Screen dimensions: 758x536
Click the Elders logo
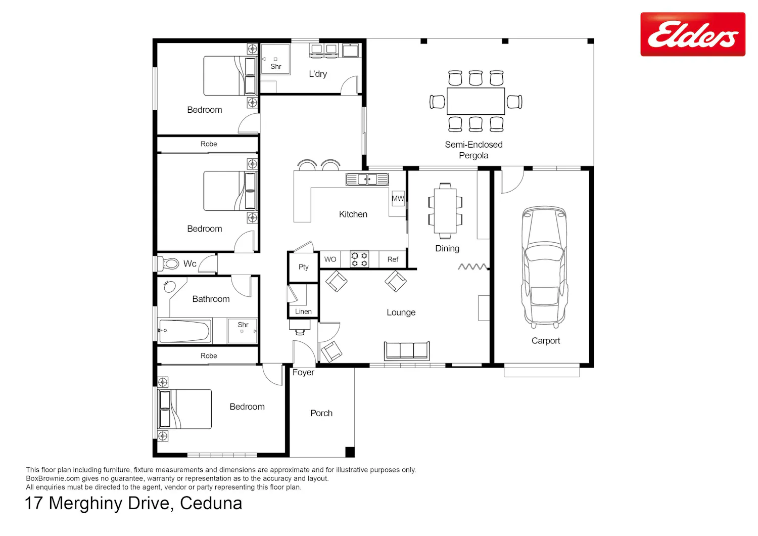click(692, 34)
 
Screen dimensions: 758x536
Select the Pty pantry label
click(304, 267)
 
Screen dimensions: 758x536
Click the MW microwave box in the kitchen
click(398, 198)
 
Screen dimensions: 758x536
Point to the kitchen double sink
click(367, 179)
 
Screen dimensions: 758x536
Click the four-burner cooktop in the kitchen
click(359, 259)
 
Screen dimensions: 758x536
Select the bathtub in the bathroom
click(184, 331)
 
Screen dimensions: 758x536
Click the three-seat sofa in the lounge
click(406, 350)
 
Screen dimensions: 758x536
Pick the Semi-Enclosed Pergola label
click(473, 150)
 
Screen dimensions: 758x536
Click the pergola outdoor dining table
click(476, 101)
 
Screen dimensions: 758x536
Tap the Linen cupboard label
click(303, 311)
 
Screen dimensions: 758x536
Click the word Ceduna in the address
click(211, 503)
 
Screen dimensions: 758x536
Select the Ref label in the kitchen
click(393, 259)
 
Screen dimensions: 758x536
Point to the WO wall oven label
click(330, 259)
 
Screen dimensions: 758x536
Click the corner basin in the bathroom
click(169, 286)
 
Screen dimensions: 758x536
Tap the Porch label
click(321, 413)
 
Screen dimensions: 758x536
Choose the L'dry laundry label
click(318, 74)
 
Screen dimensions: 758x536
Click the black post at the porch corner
click(350, 452)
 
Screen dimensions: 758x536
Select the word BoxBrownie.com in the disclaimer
click(53, 478)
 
